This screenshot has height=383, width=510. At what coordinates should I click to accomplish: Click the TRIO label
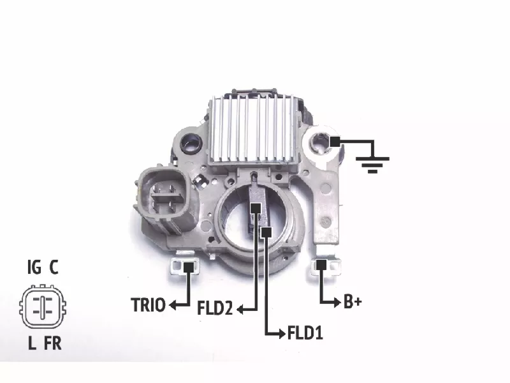(x=148, y=305)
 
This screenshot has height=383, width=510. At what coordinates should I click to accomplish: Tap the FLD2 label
(x=215, y=308)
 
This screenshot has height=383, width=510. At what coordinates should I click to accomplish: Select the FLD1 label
(x=305, y=333)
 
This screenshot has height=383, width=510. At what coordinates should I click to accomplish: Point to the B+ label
(x=353, y=302)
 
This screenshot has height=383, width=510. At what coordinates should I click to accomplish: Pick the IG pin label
(x=34, y=267)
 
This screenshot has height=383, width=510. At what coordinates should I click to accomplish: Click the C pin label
(x=54, y=267)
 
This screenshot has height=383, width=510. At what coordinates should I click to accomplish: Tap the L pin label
(x=32, y=343)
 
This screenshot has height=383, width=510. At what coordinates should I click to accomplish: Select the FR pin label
(x=53, y=343)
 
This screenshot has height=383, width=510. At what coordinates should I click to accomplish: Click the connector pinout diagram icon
(x=43, y=306)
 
